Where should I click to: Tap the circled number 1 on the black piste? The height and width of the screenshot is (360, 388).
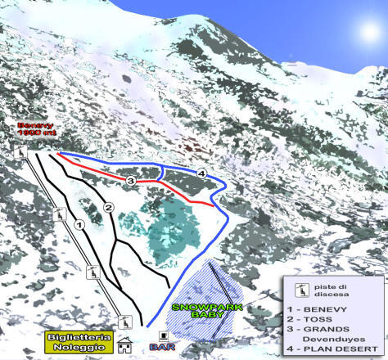click(x=79, y=223)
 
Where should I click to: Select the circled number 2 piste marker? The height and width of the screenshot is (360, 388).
click(x=108, y=208)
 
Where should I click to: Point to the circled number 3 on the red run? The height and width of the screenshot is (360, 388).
click(x=131, y=179)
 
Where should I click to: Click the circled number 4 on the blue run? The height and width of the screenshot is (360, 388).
click(x=201, y=173)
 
